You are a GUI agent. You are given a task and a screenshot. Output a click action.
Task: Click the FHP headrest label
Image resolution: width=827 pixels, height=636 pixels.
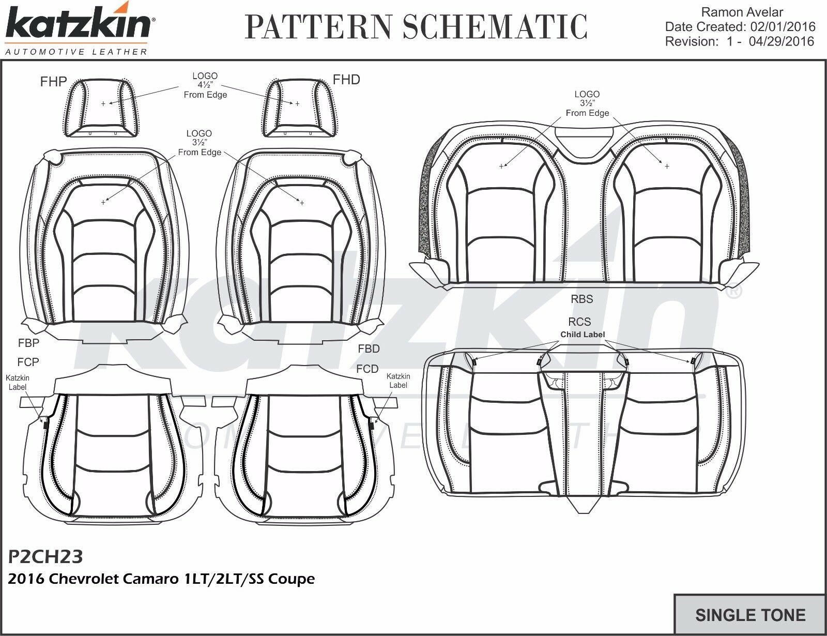(x=54, y=81)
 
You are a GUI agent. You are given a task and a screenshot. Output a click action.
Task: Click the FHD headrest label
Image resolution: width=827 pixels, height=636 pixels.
(x=346, y=79)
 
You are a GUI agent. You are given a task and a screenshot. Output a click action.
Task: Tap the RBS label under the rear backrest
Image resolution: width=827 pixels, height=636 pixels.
(x=582, y=299)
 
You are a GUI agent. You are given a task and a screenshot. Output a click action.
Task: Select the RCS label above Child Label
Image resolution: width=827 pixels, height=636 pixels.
(x=579, y=322)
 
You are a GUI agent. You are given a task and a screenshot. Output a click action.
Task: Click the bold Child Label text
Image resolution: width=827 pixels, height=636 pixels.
(x=583, y=335)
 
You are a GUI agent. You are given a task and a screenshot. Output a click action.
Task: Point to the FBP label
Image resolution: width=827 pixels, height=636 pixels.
(x=28, y=342)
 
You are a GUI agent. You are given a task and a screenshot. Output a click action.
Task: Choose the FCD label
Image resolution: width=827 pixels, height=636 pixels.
(x=367, y=369)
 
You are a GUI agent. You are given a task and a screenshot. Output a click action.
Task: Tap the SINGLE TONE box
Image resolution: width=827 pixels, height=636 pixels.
(x=750, y=615)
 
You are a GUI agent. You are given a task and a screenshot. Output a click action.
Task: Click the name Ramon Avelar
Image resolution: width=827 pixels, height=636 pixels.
(x=742, y=12)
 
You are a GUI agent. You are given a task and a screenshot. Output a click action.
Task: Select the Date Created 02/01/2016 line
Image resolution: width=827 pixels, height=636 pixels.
(x=740, y=26)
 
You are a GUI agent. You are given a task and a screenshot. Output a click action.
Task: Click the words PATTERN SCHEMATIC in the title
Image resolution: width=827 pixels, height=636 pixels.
(x=417, y=26)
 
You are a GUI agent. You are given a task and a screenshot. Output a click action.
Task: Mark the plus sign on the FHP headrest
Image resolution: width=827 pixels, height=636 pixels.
(x=103, y=104)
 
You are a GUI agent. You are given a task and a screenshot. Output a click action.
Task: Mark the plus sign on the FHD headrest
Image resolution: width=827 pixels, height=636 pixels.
(x=297, y=104)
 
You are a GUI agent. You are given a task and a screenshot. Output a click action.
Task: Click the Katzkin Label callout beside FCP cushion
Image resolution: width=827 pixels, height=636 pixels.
(x=18, y=383)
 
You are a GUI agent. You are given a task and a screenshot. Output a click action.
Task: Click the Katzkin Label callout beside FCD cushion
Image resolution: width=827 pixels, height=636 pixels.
(x=398, y=381)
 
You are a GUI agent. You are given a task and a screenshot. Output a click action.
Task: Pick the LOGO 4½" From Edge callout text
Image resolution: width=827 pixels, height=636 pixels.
(x=205, y=85)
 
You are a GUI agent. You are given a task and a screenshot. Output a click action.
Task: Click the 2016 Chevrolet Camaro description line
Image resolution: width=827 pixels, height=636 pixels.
(x=161, y=579)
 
